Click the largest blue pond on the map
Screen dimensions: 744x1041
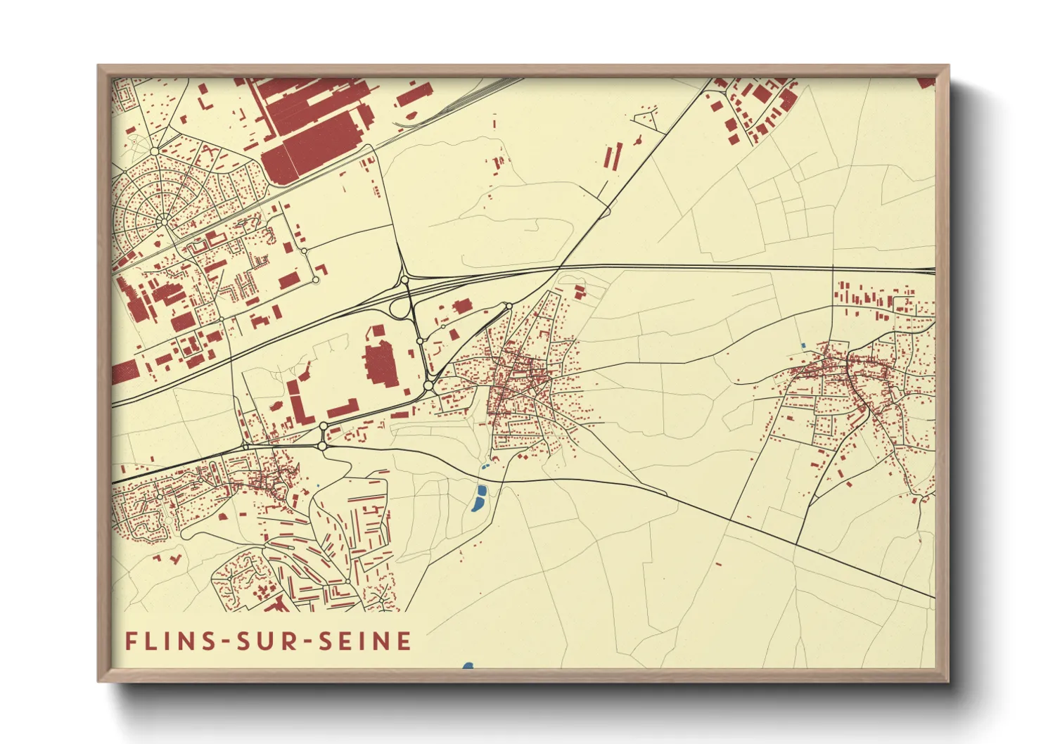tap(479, 498)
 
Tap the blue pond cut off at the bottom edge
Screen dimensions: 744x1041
tap(468, 665)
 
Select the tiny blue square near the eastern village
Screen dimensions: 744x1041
tap(803, 346)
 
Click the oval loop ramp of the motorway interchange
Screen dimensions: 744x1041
tap(402, 307)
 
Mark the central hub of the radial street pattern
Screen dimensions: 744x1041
tap(164, 222)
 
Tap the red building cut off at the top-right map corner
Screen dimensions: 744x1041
tap(927, 82)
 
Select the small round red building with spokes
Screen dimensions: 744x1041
tap(637, 141)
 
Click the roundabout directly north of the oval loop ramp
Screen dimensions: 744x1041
tap(404, 281)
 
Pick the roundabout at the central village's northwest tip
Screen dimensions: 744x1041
tap(507, 306)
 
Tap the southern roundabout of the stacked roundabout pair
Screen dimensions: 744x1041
tap(322, 445)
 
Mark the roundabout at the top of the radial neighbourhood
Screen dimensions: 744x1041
tap(154, 151)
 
